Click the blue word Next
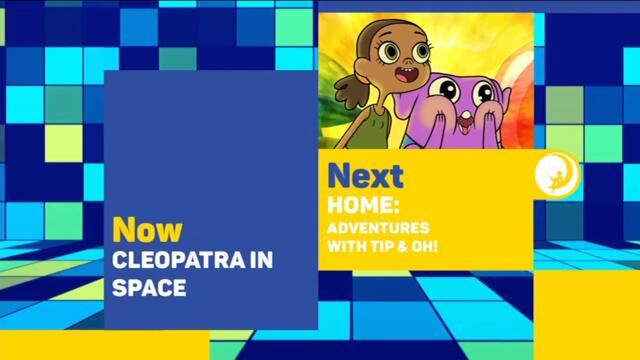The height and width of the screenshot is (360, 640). [x=365, y=177]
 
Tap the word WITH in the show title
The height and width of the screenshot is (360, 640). [x=348, y=245]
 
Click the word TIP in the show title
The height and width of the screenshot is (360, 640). [x=384, y=245]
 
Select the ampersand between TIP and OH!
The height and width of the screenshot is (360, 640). [x=405, y=245]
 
